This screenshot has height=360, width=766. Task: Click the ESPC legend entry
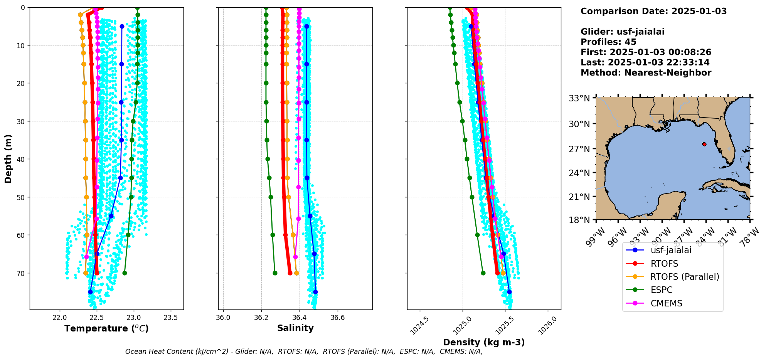tap(661, 290)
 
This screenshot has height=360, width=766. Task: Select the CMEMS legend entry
tap(666, 303)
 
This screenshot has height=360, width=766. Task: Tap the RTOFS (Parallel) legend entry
tap(685, 277)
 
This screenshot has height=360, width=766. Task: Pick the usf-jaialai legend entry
tap(671, 250)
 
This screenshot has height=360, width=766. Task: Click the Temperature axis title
tap(106, 328)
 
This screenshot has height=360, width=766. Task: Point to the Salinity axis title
tap(295, 328)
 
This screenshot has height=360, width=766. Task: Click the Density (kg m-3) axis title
tap(484, 342)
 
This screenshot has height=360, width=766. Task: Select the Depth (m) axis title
tap(8, 159)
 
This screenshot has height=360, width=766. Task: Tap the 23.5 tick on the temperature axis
tap(171, 318)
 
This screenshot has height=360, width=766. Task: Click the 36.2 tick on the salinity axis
tap(261, 318)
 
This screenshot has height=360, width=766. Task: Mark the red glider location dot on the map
tap(704, 144)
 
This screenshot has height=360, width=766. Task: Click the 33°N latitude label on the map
tap(579, 99)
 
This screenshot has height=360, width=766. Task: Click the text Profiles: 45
tap(608, 42)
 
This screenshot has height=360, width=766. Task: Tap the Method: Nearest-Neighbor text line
tap(646, 73)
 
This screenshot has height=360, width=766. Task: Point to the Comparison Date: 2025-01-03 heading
tap(653, 11)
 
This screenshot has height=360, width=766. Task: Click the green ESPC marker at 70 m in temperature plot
tap(125, 273)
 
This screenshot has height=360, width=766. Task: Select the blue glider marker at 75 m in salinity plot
tap(315, 292)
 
